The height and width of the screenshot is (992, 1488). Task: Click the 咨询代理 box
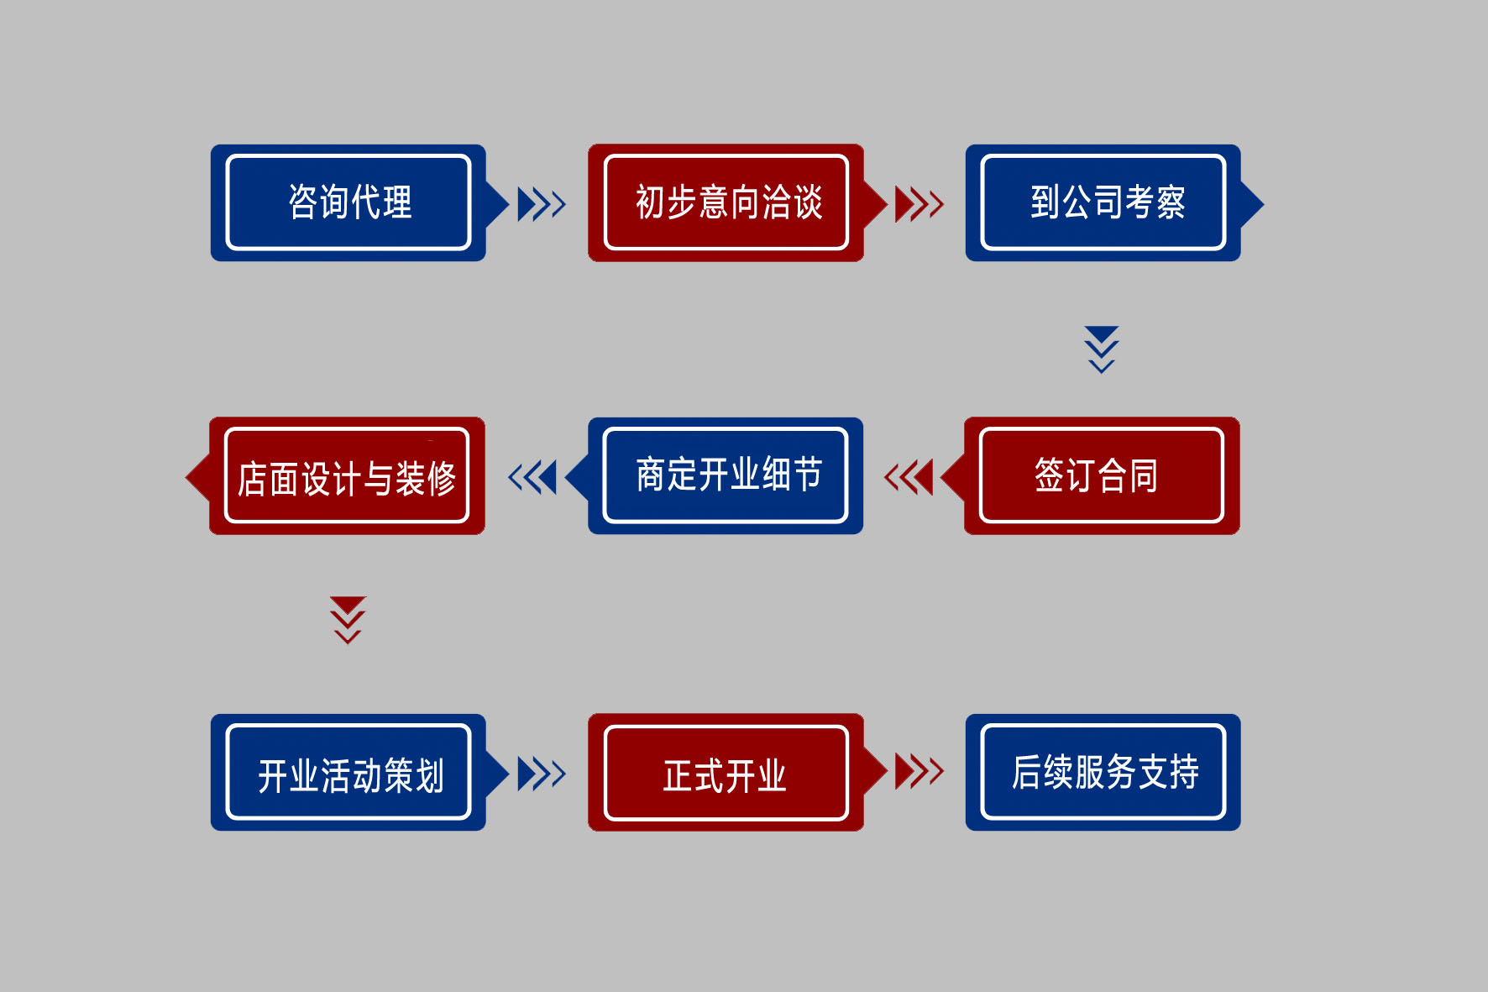click(x=348, y=202)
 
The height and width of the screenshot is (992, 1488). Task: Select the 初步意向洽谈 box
click(x=726, y=202)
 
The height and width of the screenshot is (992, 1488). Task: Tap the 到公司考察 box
click(x=1103, y=202)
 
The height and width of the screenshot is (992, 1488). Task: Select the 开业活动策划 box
click(x=348, y=773)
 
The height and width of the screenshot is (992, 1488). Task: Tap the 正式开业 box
click(x=726, y=773)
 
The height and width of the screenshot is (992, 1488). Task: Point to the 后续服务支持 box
click(x=1103, y=773)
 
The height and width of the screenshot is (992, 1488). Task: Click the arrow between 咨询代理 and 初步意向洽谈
click(x=542, y=204)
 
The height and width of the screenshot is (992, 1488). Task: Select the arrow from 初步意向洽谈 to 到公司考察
click(x=920, y=204)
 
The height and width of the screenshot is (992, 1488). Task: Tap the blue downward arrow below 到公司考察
click(x=1102, y=349)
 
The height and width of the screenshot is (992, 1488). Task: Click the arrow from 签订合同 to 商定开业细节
click(x=909, y=477)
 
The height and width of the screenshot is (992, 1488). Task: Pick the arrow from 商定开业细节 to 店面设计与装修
click(x=532, y=477)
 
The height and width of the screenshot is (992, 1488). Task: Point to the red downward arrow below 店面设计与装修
click(x=348, y=621)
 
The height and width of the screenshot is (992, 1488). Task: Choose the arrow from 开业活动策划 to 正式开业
click(x=542, y=774)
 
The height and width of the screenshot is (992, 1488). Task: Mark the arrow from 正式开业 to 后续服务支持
click(x=920, y=771)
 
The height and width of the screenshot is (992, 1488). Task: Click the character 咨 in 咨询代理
click(x=303, y=202)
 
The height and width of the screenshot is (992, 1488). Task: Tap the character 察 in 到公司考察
click(x=1171, y=202)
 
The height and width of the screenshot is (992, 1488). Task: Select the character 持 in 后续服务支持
click(x=1184, y=772)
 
